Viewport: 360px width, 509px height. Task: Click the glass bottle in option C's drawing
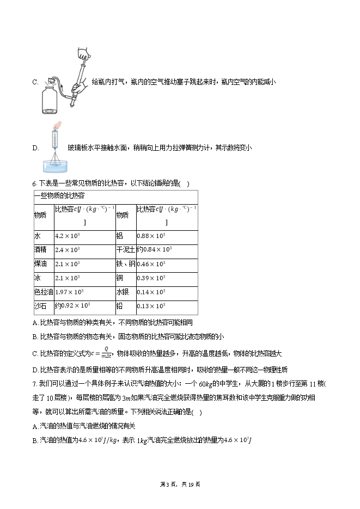52,100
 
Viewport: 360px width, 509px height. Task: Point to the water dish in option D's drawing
57,165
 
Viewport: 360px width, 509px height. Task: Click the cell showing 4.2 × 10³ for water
68,236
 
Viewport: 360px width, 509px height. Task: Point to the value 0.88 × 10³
150,236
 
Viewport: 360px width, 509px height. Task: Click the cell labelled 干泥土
125,250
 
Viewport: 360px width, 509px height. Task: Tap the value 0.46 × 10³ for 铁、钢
150,264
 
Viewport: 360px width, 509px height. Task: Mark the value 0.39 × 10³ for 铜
150,278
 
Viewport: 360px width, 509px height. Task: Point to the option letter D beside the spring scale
35,148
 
